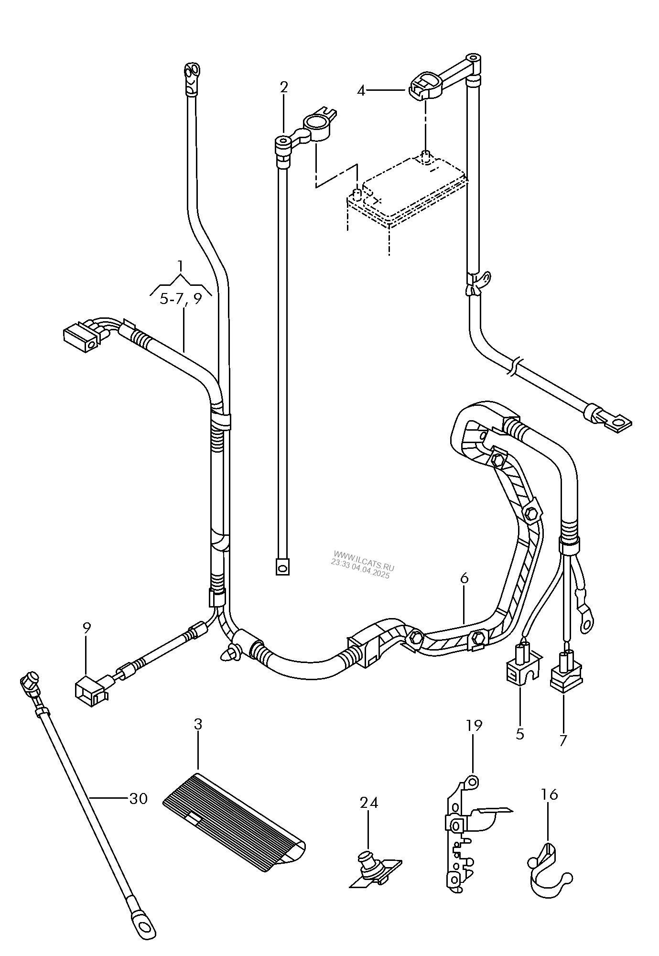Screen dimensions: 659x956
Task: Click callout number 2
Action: coord(284,87)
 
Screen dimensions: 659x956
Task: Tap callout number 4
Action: coord(361,90)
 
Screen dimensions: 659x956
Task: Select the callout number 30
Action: coord(139,798)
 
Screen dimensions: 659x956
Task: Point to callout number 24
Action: coord(368,803)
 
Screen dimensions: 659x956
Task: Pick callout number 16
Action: coord(550,794)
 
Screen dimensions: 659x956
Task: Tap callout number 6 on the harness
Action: coord(464,578)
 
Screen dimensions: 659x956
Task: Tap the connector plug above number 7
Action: coord(566,673)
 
